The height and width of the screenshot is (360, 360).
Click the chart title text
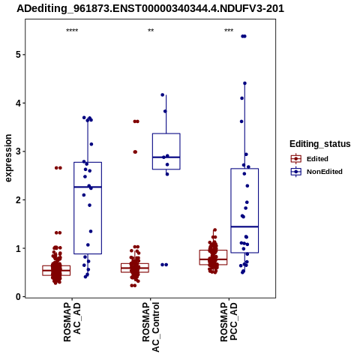click(x=150, y=9)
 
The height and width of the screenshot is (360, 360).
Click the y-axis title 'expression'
click(x=8, y=158)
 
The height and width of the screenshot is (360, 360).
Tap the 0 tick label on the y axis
click(x=18, y=297)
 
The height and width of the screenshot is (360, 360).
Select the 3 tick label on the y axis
click(x=18, y=151)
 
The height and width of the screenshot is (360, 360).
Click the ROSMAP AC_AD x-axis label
click(x=72, y=322)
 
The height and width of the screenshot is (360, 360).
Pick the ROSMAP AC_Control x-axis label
click(x=151, y=327)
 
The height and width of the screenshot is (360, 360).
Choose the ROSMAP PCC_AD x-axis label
click(x=229, y=322)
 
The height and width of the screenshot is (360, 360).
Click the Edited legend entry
click(x=310, y=159)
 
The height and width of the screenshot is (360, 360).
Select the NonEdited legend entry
click(x=316, y=172)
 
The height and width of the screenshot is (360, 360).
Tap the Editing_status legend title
click(x=320, y=144)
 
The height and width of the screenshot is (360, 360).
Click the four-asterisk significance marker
click(x=72, y=31)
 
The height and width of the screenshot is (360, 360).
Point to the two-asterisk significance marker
click(x=151, y=31)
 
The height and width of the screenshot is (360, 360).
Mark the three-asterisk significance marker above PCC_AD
click(x=229, y=31)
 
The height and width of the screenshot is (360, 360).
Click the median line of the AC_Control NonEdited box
click(x=166, y=157)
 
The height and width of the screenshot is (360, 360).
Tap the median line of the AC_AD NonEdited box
click(x=88, y=187)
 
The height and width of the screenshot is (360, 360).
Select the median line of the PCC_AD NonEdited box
click(x=244, y=226)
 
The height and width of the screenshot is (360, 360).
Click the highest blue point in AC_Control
click(x=163, y=95)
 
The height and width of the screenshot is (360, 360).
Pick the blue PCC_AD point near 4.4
click(x=244, y=83)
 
